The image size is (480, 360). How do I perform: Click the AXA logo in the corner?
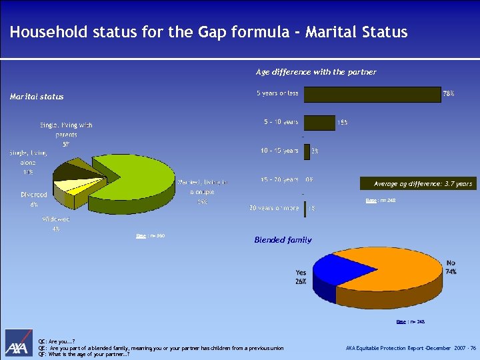tap(20, 344)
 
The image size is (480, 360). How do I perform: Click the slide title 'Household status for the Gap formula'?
tap(208, 32)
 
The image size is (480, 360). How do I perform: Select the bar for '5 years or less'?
tap(371, 95)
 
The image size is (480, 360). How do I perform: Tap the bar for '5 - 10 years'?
tap(319, 123)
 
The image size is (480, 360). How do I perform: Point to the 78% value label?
tap(449, 95)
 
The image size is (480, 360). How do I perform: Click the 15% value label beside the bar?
tap(342, 123)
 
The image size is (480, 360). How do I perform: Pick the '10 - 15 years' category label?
tap(279, 151)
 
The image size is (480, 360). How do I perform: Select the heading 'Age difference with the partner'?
tap(316, 72)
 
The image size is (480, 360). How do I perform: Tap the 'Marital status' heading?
tap(37, 97)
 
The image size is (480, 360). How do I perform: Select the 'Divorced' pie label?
tap(33, 199)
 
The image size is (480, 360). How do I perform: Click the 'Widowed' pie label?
tap(56, 223)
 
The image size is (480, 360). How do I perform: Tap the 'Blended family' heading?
tap(283, 240)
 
